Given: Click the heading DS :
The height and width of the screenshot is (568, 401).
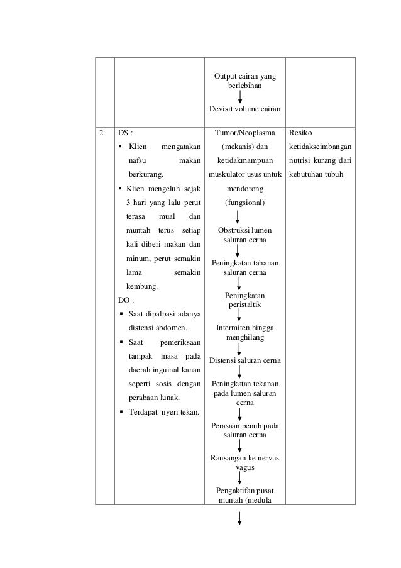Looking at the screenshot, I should point(126,133).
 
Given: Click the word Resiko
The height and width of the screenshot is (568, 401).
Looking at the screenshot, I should point(301,133).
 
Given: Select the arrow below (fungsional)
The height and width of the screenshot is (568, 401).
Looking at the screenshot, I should point(238,217).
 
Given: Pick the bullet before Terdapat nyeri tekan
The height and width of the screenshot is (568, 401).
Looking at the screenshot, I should point(121,412).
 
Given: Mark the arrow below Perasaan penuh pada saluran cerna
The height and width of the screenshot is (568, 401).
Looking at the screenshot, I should point(240,445).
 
